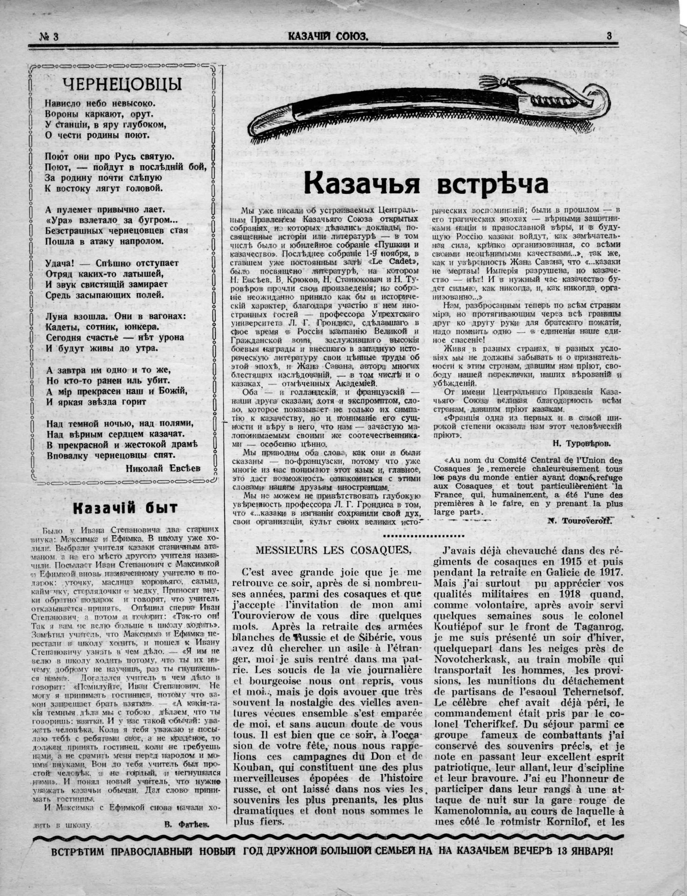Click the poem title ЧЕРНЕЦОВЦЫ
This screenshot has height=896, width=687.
(x=122, y=84)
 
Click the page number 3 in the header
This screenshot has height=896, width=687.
(x=609, y=35)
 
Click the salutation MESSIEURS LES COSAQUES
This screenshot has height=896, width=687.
(x=333, y=550)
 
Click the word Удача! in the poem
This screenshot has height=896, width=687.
(x=60, y=263)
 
